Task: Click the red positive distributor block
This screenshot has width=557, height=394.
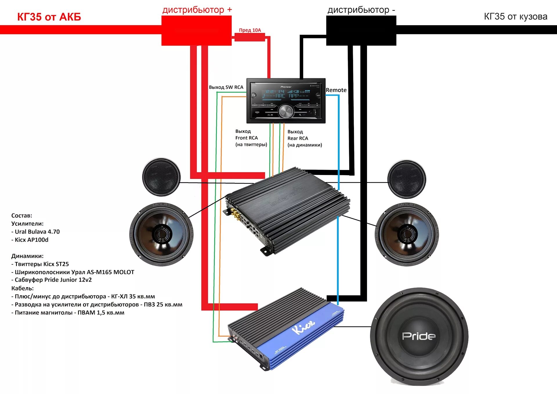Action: (x=196, y=30)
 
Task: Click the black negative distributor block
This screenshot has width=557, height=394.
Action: (x=361, y=30)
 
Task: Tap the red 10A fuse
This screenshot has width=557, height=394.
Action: (x=249, y=37)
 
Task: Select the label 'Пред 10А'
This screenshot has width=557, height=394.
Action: (x=250, y=30)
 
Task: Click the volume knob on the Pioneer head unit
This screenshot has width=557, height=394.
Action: (x=286, y=111)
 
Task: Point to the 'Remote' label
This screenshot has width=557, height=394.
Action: (x=336, y=90)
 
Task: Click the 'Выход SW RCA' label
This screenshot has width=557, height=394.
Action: (x=226, y=87)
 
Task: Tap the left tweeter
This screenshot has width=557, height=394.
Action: (x=161, y=177)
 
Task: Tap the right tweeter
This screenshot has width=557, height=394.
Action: (x=407, y=179)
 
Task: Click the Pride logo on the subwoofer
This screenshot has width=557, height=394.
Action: (x=419, y=336)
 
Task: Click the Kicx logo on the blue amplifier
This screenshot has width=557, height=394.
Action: (x=303, y=327)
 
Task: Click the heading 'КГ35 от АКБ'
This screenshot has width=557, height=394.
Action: (x=49, y=17)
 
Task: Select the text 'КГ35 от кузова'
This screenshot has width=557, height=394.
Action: (x=516, y=17)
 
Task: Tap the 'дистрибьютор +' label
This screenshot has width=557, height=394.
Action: (x=197, y=10)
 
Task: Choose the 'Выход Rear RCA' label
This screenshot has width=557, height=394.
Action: (x=304, y=138)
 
